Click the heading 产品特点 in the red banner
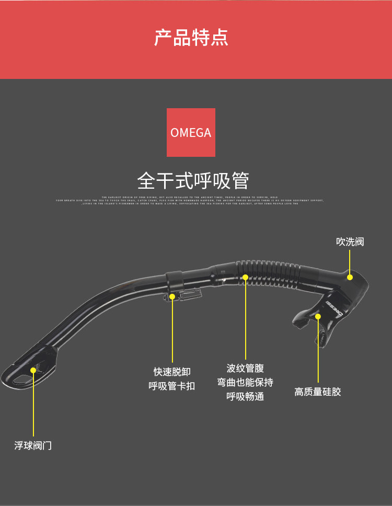pyautogui.click(x=191, y=38)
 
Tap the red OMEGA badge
pyautogui.click(x=191, y=132)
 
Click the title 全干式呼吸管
pyautogui.click(x=193, y=181)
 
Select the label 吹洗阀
pyautogui.click(x=350, y=241)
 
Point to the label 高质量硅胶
pyautogui.click(x=318, y=392)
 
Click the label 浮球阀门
pyautogui.click(x=33, y=446)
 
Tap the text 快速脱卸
pyautogui.click(x=172, y=372)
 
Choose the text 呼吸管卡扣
pyautogui.click(x=172, y=386)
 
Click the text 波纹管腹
pyautogui.click(x=245, y=369)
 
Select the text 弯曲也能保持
pyautogui.click(x=245, y=382)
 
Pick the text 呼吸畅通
pyautogui.click(x=245, y=396)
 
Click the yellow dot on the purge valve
pyautogui.click(x=350, y=277)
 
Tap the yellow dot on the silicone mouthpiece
pyautogui.click(x=318, y=316)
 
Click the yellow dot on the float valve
pyautogui.click(x=33, y=370)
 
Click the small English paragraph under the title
pyautogui.click(x=191, y=200)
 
